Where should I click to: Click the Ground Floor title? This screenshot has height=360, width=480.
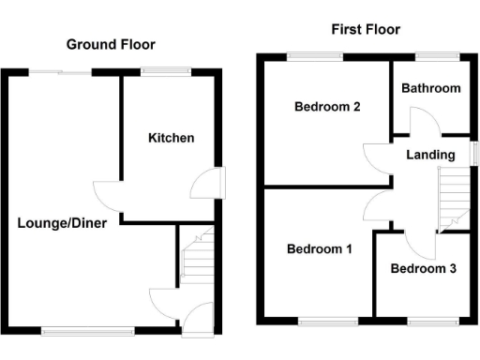(110, 44)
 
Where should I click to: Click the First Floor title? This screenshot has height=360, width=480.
(365, 29)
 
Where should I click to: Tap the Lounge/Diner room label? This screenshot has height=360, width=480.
(62, 223)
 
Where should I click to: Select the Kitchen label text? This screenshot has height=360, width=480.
(172, 138)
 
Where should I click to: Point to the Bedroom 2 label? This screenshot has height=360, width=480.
(327, 106)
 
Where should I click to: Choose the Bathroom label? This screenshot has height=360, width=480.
(431, 88)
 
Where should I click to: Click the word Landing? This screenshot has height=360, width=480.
(430, 155)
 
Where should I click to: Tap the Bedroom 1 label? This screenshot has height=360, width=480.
(319, 249)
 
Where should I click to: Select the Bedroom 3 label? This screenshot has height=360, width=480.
(423, 269)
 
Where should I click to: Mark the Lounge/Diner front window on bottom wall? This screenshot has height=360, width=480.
(90, 329)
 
